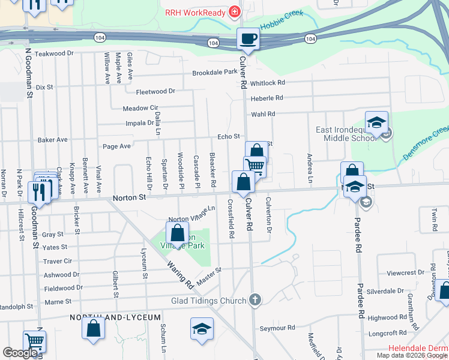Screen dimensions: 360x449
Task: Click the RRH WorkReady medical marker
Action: pos(234,12)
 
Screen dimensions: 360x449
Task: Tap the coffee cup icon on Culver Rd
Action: pos(248,40)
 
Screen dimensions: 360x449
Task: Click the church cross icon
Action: pos(255,299)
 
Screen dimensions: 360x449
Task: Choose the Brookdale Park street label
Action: pos(215,73)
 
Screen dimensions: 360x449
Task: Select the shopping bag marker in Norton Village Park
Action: pos(178,233)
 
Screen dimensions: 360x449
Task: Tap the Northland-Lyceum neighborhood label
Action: pos(115,317)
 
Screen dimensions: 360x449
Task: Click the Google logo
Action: pos(20,353)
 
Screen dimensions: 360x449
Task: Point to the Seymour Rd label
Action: pos(277,328)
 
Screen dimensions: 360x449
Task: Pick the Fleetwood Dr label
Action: pos(155,92)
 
